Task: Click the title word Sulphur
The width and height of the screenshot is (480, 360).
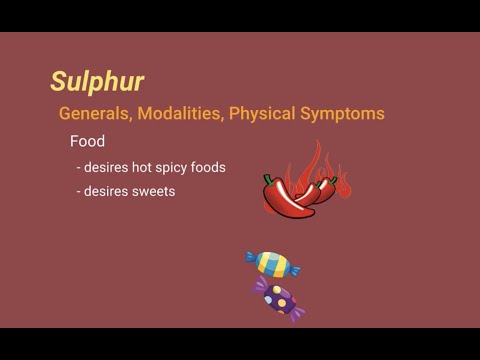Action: coord(97,81)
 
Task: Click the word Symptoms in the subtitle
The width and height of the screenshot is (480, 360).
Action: coord(342,113)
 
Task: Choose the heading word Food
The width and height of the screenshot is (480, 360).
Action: coord(87,141)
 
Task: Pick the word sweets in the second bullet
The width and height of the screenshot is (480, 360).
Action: coord(154,190)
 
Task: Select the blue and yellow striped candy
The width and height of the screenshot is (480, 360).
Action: coord(272,262)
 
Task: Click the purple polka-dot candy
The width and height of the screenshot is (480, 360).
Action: coord(279,297)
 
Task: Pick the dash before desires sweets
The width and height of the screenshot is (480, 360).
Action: coord(79,190)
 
